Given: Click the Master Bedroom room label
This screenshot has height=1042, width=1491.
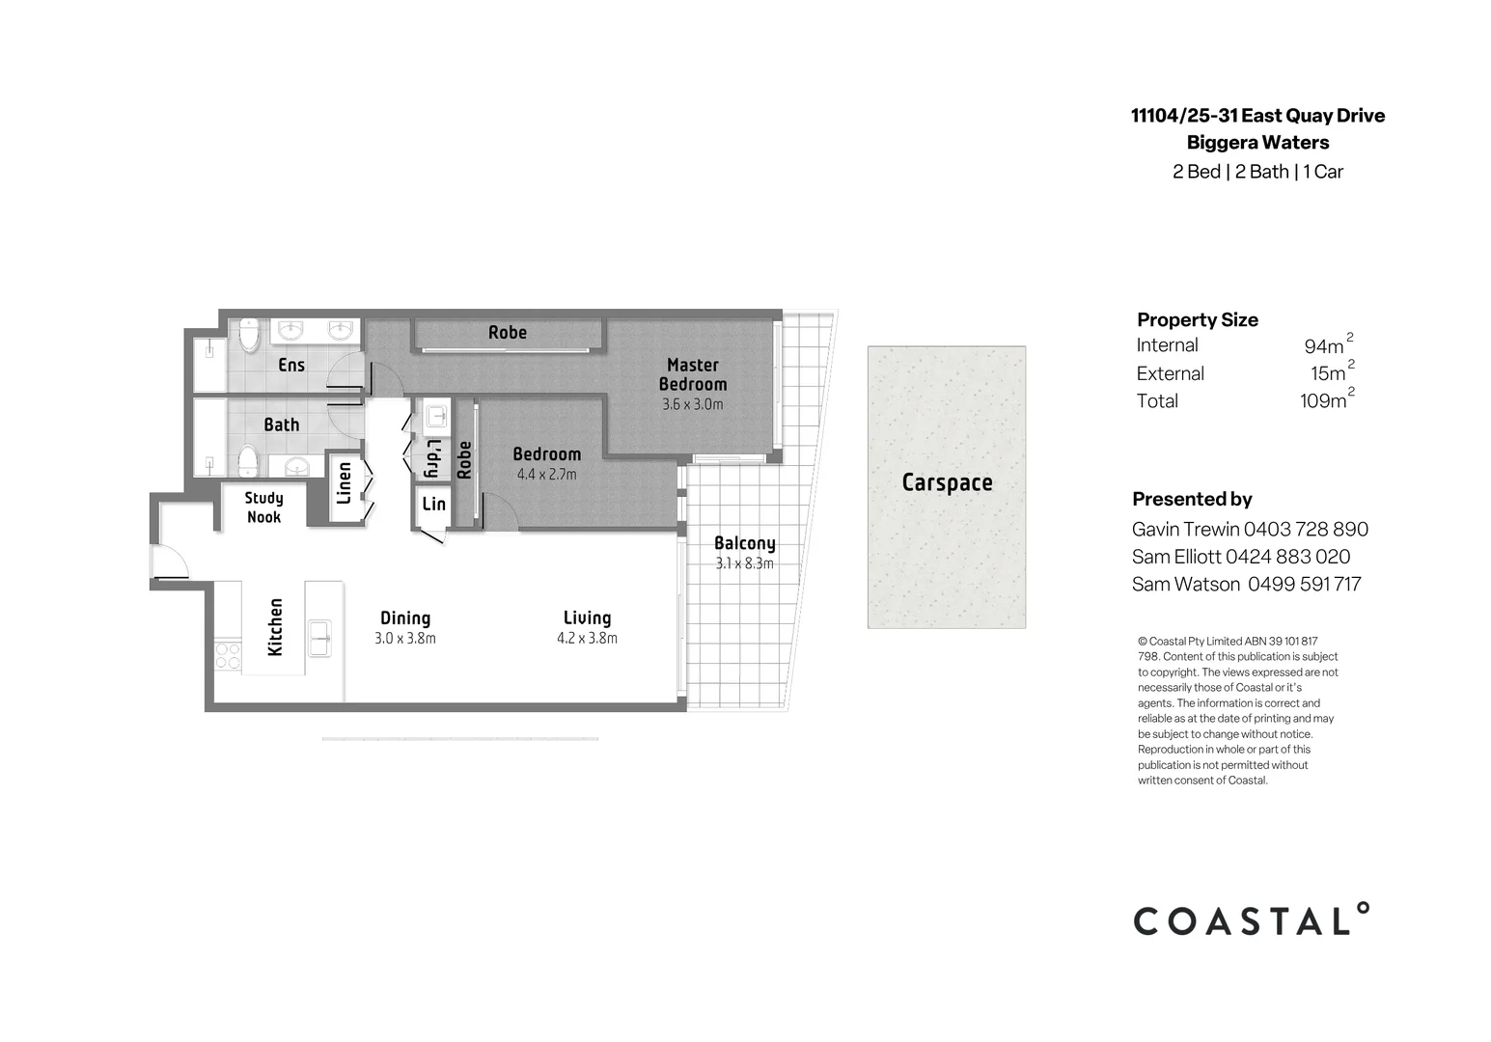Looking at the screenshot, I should (693, 374).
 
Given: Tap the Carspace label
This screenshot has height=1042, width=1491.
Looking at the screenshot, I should (947, 482).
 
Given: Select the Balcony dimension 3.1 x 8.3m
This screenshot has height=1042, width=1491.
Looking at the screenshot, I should (744, 564).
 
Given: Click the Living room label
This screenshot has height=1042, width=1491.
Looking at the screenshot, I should (587, 617).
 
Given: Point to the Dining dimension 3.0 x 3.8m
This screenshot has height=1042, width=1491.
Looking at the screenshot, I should (405, 639).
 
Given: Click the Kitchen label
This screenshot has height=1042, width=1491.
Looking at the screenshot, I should (275, 627).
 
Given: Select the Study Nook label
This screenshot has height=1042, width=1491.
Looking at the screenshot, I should (263, 507).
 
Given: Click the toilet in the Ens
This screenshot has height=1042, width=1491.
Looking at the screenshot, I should (249, 335).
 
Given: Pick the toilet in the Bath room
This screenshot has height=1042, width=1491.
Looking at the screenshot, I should (248, 460).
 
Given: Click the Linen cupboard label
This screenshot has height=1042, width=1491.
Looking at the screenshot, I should (344, 482).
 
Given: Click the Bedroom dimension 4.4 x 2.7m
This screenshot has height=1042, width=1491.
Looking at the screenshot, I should (546, 475).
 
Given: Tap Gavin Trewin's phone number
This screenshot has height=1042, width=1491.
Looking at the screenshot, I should (1306, 529).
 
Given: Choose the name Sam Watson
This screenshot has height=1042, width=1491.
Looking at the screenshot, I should (1186, 584).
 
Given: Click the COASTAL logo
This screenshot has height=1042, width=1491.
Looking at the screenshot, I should (1251, 920).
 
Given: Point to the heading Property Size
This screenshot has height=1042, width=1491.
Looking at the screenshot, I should (1197, 319).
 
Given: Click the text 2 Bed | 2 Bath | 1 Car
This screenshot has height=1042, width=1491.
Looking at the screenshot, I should (1257, 172).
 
